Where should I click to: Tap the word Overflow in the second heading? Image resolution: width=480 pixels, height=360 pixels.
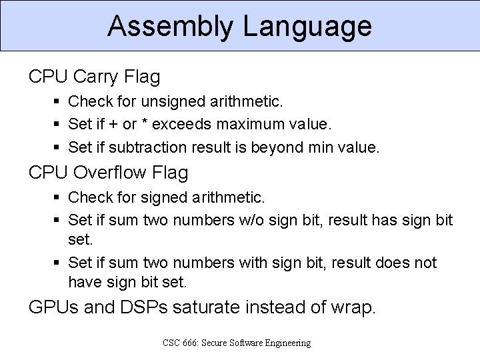119,173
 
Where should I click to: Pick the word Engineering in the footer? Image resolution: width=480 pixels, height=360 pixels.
284,343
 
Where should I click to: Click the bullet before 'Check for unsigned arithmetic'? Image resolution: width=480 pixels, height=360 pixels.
57,102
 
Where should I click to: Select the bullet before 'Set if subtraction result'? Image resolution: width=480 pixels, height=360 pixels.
57,146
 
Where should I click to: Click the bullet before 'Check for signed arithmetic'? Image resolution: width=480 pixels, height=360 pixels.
57,197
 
